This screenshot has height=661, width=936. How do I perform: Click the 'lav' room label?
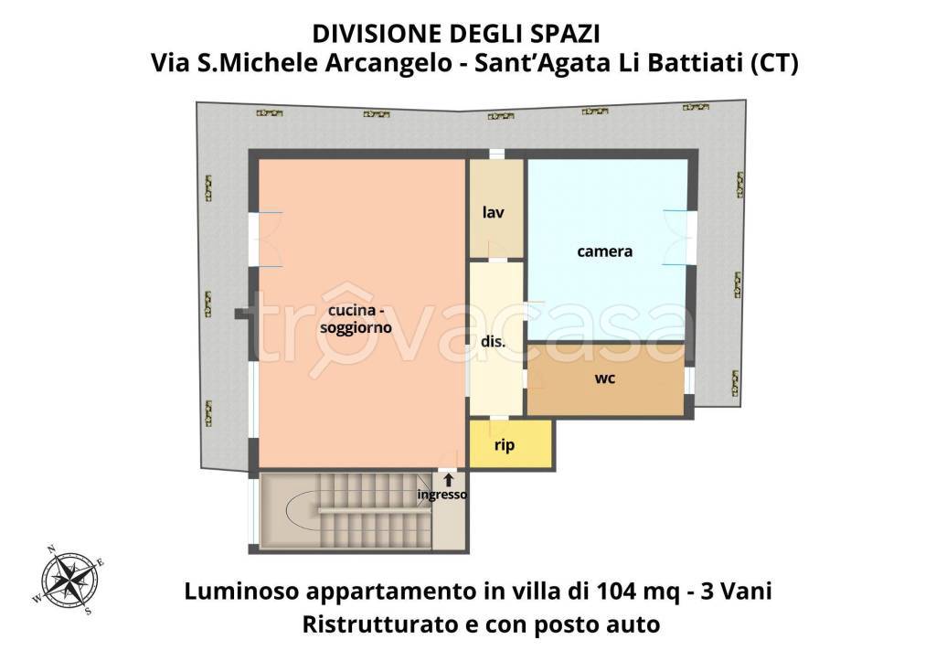[x=494, y=212]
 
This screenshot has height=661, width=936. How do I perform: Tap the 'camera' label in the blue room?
[x=604, y=251]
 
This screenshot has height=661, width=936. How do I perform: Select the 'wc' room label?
[x=604, y=378]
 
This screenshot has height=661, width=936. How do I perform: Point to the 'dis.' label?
[x=494, y=342]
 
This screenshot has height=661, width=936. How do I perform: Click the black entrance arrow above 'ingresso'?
[x=448, y=479]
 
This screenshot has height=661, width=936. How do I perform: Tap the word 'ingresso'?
[x=442, y=495]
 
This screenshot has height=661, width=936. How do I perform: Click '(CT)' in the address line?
[x=773, y=64]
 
